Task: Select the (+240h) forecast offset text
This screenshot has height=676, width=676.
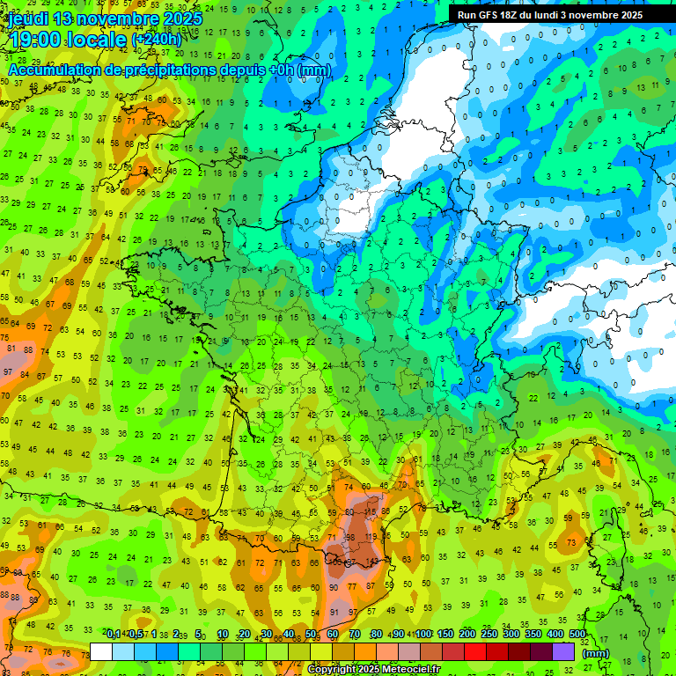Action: [156, 40]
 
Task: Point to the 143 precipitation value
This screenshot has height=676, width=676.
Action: [373, 561]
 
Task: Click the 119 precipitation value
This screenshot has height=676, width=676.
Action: [371, 536]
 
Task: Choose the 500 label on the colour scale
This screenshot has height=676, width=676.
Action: [577, 635]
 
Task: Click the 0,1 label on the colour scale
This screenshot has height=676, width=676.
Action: [114, 635]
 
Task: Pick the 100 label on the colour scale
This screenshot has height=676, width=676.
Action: [423, 635]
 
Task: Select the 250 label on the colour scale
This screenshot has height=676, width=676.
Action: [489, 635]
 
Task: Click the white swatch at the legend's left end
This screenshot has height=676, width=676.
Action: [101, 651]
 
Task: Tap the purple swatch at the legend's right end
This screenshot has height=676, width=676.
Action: [563, 651]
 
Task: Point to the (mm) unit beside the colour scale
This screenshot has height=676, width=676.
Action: [596, 653]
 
